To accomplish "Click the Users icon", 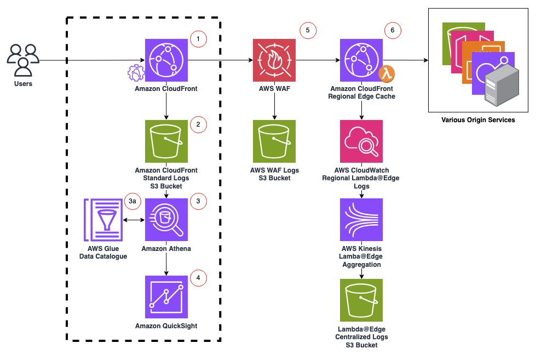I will coord(23,60).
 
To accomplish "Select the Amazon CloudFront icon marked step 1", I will coord(166,60).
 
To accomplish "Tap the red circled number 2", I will coord(198,124).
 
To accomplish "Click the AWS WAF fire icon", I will coord(274,60).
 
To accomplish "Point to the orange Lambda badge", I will coord(387,73).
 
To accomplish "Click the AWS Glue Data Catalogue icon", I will coord(103,220).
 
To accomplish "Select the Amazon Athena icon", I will coord(166,220).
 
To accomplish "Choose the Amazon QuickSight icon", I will coord(166,297).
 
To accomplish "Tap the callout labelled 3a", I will coord(132,201).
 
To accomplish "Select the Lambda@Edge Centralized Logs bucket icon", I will coord(361,300).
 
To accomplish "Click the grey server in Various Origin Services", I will coord(501,85).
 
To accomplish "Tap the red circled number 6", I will coord(392,31).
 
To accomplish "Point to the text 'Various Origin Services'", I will coord(478,119).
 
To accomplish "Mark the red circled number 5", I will coord(308,31).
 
